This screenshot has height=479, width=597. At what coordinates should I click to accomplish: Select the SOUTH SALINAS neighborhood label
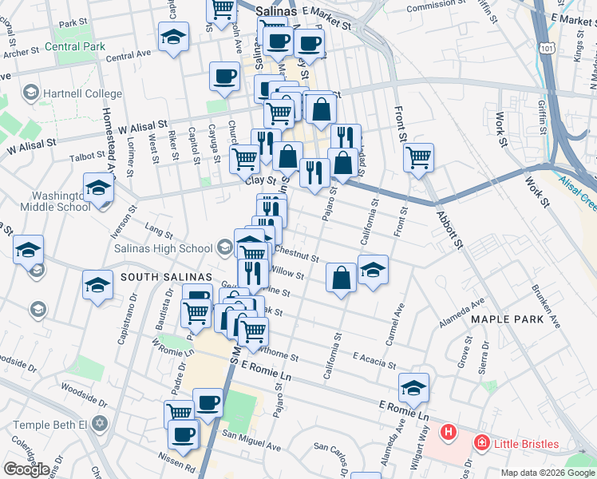click(160, 277)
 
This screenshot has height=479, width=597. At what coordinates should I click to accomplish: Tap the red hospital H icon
click(449, 433)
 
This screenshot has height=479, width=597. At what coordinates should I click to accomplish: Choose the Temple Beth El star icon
click(99, 421)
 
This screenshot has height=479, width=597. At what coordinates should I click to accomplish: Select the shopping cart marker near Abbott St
click(419, 157)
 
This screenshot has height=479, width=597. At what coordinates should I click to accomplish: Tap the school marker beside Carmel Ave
click(373, 269)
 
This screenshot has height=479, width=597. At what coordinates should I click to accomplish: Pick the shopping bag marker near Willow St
click(341, 278)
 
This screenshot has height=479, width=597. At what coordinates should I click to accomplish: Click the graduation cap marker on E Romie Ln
click(413, 387)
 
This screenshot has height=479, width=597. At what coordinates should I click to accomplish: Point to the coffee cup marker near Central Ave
click(224, 76)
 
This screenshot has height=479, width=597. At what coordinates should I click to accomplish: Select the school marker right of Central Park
click(173, 36)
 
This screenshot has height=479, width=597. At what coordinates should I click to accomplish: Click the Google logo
click(26, 469)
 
